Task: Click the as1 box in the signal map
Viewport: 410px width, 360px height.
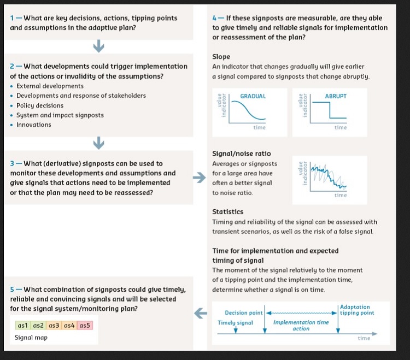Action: click(23, 325)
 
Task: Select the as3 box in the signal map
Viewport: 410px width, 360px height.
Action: click(54, 325)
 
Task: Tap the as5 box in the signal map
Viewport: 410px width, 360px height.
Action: click(85, 325)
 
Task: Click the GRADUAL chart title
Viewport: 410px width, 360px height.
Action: click(253, 96)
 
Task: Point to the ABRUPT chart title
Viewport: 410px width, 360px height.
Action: click(335, 96)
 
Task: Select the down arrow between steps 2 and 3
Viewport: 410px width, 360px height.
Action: click(98, 143)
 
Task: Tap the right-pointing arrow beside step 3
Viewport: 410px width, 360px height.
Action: click(200, 178)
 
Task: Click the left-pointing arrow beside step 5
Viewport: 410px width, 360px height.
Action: click(200, 313)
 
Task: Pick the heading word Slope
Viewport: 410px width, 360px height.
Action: click(221, 57)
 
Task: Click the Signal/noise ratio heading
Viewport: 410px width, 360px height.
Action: click(241, 154)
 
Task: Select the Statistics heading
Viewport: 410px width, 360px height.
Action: click(227, 212)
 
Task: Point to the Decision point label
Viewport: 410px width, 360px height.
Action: click(244, 313)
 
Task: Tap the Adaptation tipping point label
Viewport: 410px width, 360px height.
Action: click(357, 310)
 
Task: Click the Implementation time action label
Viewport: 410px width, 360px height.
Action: click(301, 326)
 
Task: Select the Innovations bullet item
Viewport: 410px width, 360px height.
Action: click(33, 125)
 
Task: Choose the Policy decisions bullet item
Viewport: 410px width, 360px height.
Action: click(40, 105)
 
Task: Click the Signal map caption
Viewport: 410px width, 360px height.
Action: click(32, 338)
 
